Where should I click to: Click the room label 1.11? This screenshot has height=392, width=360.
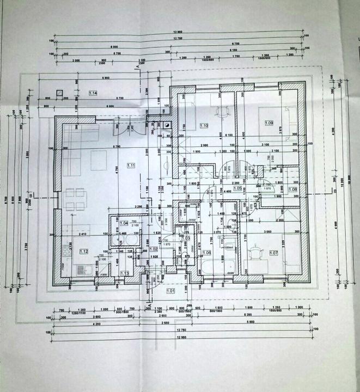pyautogui.click(x=131, y=166)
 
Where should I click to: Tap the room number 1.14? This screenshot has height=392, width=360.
pyautogui.click(x=93, y=94)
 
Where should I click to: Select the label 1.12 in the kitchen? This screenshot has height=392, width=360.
pyautogui.click(x=84, y=251)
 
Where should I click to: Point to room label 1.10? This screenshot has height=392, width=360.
pyautogui.click(x=204, y=125)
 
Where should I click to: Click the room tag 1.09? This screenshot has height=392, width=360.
pyautogui.click(x=269, y=123)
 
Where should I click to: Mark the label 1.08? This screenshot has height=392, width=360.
pyautogui.click(x=293, y=189)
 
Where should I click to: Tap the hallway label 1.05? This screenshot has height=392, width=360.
pyautogui.click(x=237, y=188)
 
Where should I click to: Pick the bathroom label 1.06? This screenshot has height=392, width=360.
pyautogui.click(x=207, y=253)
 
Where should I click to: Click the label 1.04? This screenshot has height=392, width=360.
pyautogui.click(x=124, y=223)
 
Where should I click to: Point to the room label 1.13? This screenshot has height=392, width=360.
pyautogui.click(x=124, y=273)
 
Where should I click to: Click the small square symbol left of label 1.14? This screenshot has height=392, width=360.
pyautogui.click(x=58, y=93)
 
